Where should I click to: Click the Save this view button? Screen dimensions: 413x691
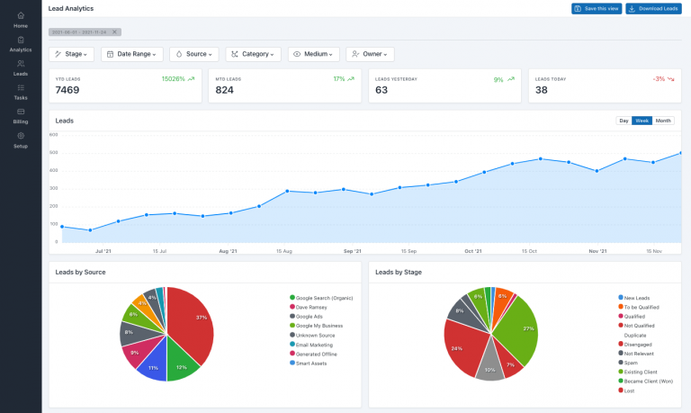click(x=596, y=8)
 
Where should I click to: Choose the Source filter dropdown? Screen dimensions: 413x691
click(x=193, y=54)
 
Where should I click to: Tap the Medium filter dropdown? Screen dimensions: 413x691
click(x=313, y=54)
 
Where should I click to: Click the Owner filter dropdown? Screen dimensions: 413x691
click(x=370, y=54)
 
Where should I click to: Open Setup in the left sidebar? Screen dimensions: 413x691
click(x=21, y=139)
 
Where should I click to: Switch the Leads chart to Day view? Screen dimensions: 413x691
click(x=624, y=121)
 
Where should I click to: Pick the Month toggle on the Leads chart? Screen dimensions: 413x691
click(x=663, y=121)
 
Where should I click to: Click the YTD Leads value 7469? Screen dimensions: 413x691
click(x=68, y=90)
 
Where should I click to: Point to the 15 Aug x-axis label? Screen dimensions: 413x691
click(x=284, y=251)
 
